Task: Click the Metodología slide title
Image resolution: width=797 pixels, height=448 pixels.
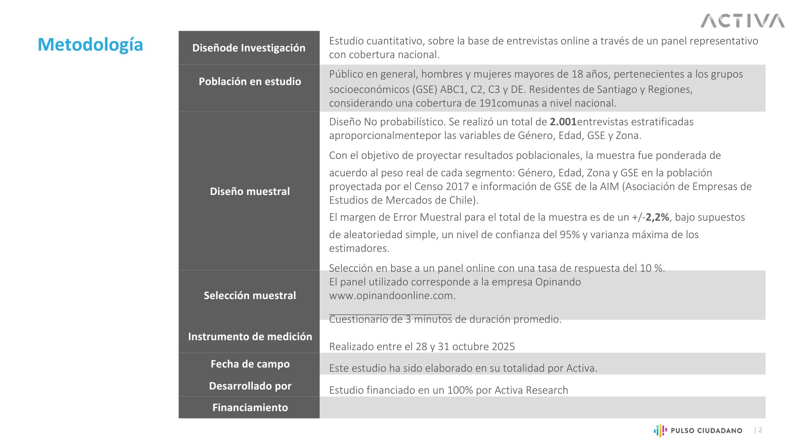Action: pyautogui.click(x=90, y=45)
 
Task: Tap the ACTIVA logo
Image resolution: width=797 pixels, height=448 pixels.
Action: pyautogui.click(x=742, y=21)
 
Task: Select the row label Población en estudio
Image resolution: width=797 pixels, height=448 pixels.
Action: pyautogui.click(x=249, y=81)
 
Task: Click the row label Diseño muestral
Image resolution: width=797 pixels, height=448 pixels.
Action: pyautogui.click(x=249, y=191)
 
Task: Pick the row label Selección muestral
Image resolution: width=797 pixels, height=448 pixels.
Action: pyautogui.click(x=249, y=295)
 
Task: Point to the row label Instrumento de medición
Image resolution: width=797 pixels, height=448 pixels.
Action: pyautogui.click(x=249, y=336)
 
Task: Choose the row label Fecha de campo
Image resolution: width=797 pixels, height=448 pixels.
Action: pyautogui.click(x=249, y=364)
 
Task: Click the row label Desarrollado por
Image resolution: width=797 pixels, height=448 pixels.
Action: pyautogui.click(x=249, y=386)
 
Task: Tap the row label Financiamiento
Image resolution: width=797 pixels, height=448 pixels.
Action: pyautogui.click(x=249, y=407)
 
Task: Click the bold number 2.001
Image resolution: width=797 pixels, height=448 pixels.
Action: pyautogui.click(x=563, y=122)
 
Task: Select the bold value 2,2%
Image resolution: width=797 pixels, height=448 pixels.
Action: pyautogui.click(x=657, y=217)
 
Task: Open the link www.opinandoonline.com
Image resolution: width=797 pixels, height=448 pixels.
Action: pyautogui.click(x=392, y=296)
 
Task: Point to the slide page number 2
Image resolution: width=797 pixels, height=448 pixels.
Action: pyautogui.click(x=760, y=430)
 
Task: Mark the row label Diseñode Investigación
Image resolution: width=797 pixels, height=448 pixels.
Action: pyautogui.click(x=249, y=48)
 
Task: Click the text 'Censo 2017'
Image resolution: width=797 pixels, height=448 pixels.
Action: pyautogui.click(x=442, y=187)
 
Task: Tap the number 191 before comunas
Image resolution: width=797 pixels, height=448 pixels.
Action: pyautogui.click(x=487, y=103)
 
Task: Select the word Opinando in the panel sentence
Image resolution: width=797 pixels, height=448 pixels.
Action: pyautogui.click(x=558, y=282)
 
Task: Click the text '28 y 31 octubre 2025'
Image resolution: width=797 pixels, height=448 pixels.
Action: pyautogui.click(x=465, y=347)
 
